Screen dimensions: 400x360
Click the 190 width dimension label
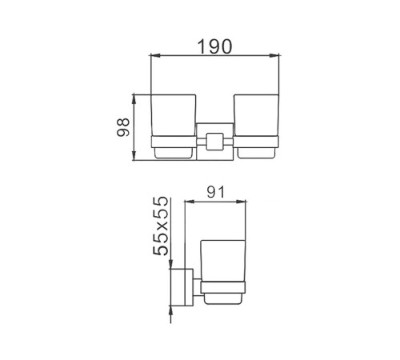tap(214, 46)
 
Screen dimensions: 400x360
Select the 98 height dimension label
tap(123, 127)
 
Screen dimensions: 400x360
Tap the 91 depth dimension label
tap(216, 192)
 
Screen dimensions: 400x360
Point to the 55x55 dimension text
tap(161, 226)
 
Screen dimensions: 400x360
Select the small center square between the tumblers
tap(214, 141)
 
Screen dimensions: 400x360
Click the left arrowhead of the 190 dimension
tap(155, 55)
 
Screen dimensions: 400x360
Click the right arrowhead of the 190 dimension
tap(274, 55)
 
